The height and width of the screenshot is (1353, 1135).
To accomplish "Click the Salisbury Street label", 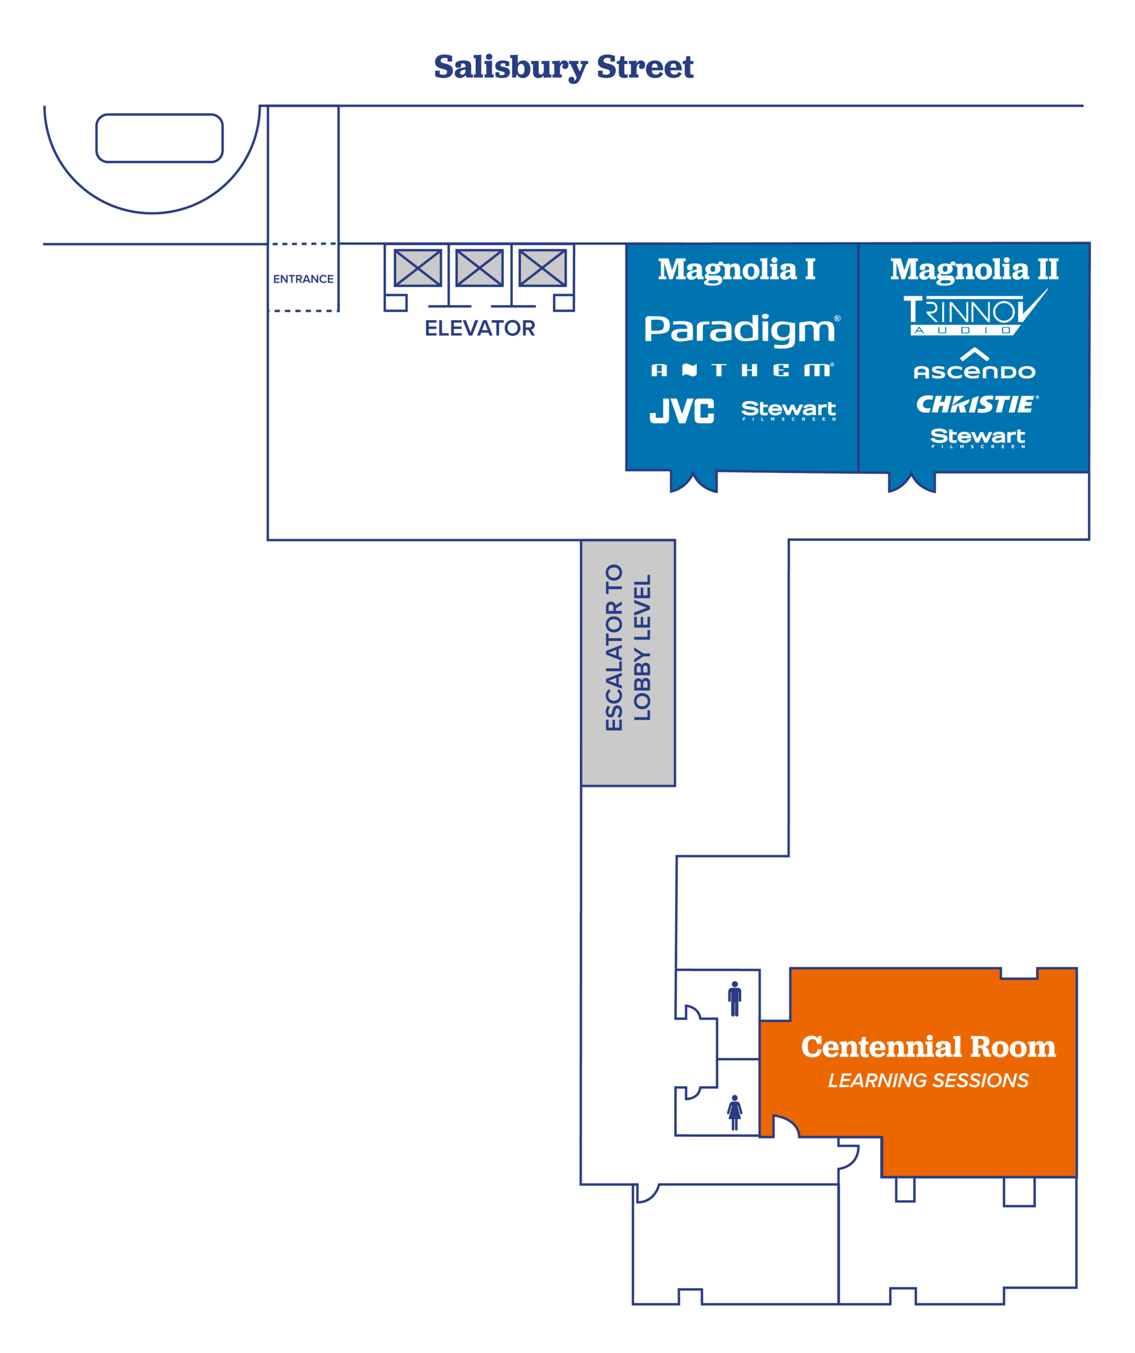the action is click(564, 68).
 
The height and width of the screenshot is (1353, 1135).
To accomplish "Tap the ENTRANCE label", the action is click(303, 279).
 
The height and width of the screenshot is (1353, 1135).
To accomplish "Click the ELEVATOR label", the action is click(479, 329).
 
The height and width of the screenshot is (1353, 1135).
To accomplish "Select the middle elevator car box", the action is click(479, 268).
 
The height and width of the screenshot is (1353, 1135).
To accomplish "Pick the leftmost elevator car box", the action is click(418, 268).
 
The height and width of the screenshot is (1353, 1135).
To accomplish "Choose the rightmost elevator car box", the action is click(543, 268).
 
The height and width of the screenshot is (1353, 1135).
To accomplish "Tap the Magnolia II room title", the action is click(974, 270).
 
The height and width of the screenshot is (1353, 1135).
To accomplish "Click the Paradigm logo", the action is click(742, 330).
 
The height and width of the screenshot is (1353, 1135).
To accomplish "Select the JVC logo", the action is click(682, 411).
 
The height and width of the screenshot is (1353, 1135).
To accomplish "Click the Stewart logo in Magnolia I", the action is click(788, 410).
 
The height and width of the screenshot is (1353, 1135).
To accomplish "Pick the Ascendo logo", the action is click(974, 365).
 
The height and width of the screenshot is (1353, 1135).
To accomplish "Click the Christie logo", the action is click(977, 405).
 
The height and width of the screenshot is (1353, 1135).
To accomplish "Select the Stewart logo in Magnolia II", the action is click(978, 438).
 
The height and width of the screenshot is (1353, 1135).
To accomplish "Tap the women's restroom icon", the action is click(735, 1113).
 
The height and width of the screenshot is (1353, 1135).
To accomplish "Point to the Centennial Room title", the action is click(928, 1048).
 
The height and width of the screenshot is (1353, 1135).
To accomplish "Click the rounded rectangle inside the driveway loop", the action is click(159, 138).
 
